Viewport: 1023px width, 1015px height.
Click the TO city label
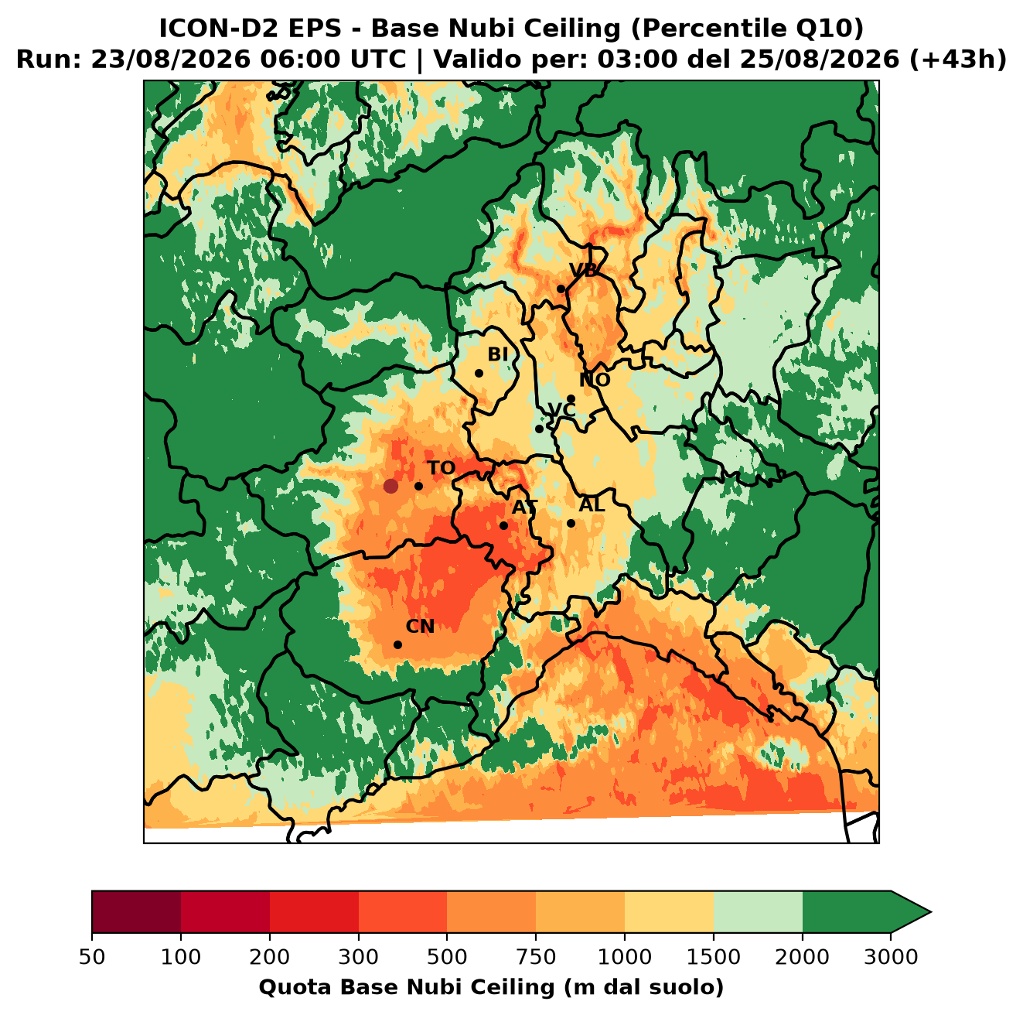442,468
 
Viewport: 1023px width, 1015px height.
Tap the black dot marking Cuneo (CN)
397,644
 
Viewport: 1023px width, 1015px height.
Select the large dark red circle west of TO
390,486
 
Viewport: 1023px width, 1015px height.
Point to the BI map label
498,354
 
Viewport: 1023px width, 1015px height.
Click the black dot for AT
504,526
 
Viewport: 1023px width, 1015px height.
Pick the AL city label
592,504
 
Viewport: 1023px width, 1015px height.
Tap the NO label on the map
595,380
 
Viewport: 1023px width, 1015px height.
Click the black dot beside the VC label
539,429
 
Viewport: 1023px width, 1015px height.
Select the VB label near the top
583,270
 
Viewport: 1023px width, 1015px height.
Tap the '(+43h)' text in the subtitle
958,60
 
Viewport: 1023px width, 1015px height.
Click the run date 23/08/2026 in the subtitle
170,60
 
